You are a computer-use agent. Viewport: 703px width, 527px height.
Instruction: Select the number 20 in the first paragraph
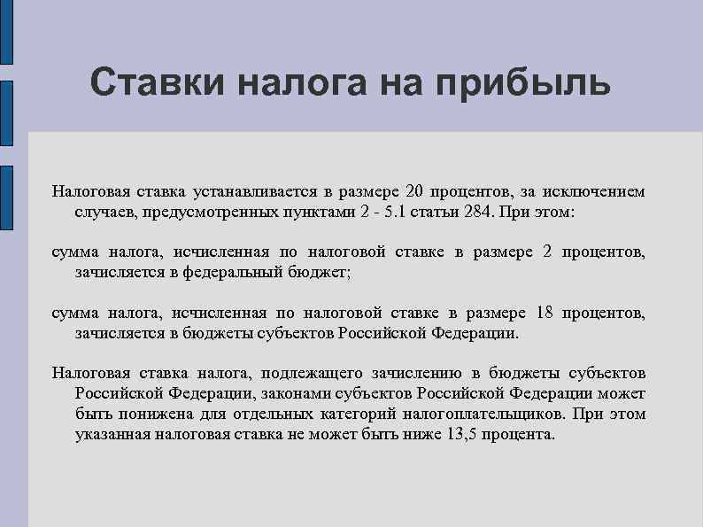pos(415,191)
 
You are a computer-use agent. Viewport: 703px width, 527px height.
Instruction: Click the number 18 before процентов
pos(544,314)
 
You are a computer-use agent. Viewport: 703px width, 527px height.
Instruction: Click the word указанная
pos(112,435)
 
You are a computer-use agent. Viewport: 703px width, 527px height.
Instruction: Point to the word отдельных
pos(268,414)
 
